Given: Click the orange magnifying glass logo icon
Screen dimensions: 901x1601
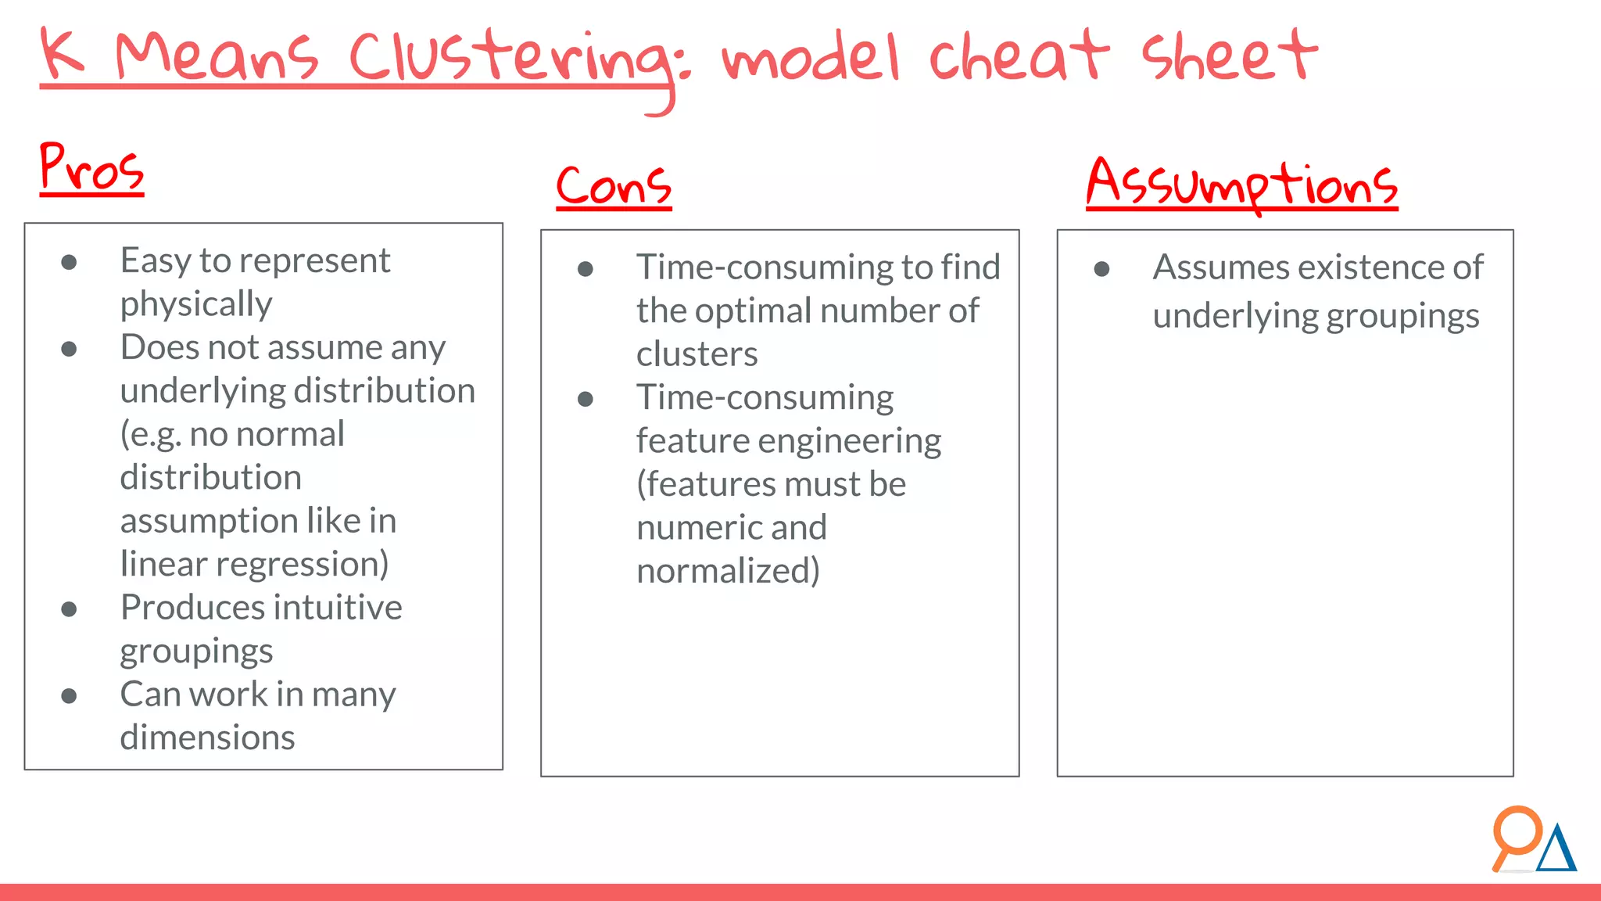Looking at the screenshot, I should pos(1516,834).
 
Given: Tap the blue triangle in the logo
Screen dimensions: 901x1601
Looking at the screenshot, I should pos(1556,850).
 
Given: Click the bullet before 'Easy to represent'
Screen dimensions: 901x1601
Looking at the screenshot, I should pos(69,262).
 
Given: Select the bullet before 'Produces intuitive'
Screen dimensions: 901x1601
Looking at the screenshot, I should pos(69,609).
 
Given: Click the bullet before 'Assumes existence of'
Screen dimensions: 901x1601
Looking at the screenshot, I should pos(1101,269).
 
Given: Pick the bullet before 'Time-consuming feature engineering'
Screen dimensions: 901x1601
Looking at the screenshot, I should pos(585,400).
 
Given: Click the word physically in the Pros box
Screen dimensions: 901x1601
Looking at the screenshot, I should pos(196,304).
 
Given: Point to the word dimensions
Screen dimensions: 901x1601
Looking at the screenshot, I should pos(207,738).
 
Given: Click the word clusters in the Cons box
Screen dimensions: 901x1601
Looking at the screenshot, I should pos(697,354).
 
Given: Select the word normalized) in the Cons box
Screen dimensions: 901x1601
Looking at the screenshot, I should pos(728,571).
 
